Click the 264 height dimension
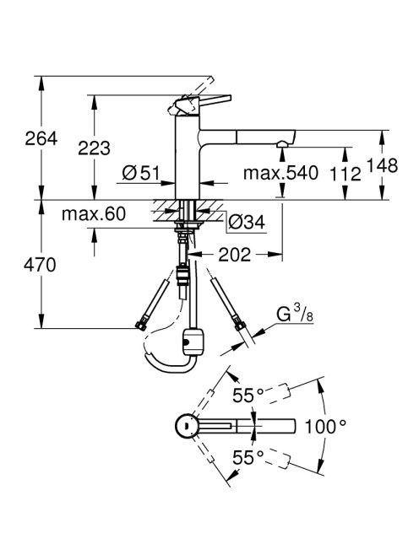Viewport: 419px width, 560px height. tap(41, 138)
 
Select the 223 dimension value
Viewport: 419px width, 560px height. tap(94, 148)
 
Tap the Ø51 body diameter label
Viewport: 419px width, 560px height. tap(141, 173)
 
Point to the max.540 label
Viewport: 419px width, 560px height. tap(280, 173)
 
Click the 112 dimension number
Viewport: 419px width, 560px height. tap(346, 175)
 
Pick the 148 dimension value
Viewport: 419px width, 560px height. tap(382, 165)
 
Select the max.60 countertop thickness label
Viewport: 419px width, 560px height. tap(94, 214)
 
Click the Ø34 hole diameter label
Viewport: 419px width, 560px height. tap(247, 223)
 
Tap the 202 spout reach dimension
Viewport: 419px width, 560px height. tap(234, 255)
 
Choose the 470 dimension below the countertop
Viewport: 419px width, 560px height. tap(40, 265)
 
